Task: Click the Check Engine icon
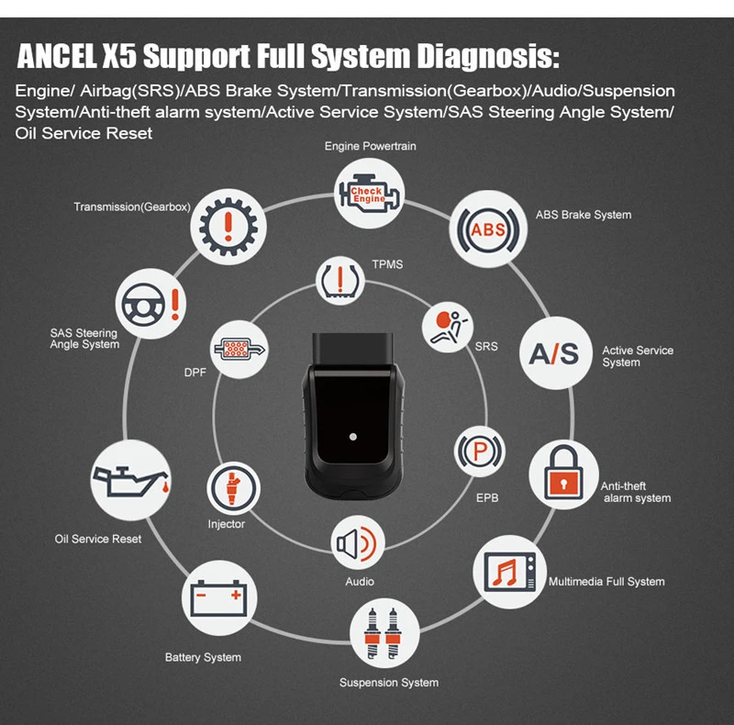370,193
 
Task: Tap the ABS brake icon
488,229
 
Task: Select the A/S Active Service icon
556,353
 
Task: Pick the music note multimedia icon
509,572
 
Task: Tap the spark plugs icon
384,633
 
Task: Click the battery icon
219,598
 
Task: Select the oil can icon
131,480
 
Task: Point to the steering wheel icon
150,304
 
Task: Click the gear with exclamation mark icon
228,227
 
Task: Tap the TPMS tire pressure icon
340,281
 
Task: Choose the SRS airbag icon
448,327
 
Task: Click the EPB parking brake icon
480,452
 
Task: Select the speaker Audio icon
358,542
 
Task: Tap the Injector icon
234,488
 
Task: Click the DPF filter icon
239,350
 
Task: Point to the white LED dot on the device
353,437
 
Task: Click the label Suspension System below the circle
389,683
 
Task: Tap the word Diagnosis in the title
488,57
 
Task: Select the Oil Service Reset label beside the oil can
98,539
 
